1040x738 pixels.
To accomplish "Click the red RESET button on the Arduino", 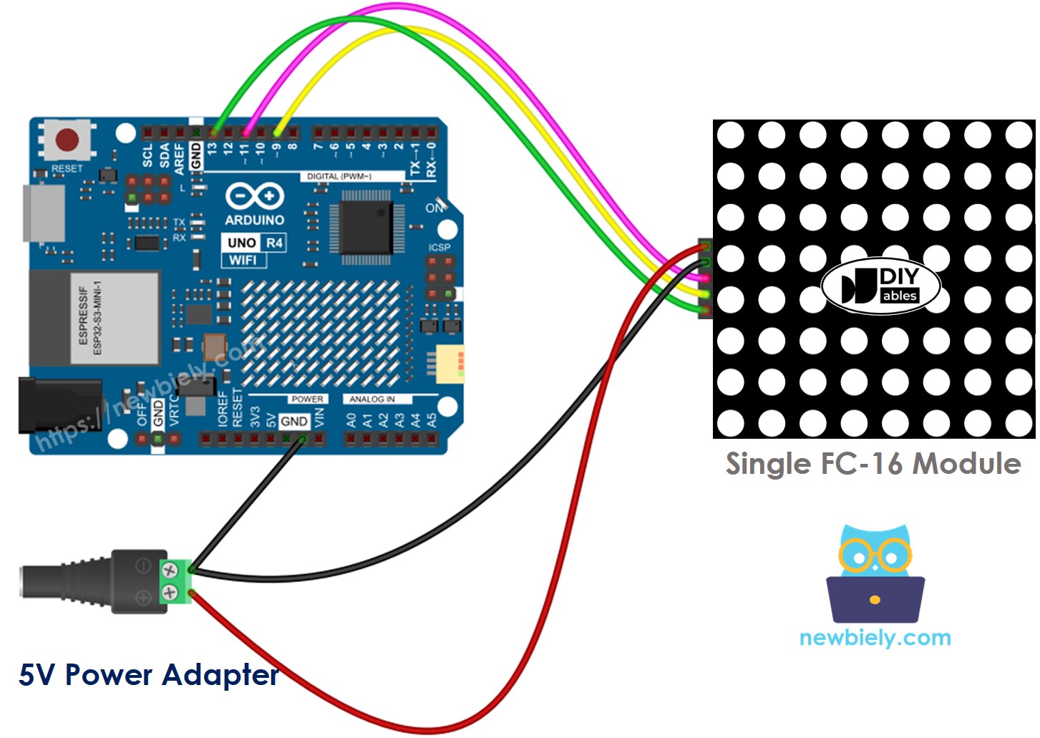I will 68,140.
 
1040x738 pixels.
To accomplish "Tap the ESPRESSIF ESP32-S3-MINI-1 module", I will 94,318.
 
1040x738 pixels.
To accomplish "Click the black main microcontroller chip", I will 366,227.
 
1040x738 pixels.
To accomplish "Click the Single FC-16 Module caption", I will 873,464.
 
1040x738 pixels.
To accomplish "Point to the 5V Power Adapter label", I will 148,675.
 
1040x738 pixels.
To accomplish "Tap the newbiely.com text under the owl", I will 875,638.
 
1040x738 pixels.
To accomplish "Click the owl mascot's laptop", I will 875,600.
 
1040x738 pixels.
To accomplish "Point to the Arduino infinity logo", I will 255,195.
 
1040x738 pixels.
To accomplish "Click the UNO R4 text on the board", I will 255,243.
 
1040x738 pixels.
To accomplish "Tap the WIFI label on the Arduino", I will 243,260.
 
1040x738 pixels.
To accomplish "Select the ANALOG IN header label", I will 371,399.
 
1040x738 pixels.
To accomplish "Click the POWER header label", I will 307,399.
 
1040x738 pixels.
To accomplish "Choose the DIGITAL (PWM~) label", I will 339,176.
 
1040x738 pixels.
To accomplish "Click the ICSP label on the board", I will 439,248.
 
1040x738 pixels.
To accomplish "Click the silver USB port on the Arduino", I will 44,213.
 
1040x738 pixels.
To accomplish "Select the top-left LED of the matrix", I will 731,135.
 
